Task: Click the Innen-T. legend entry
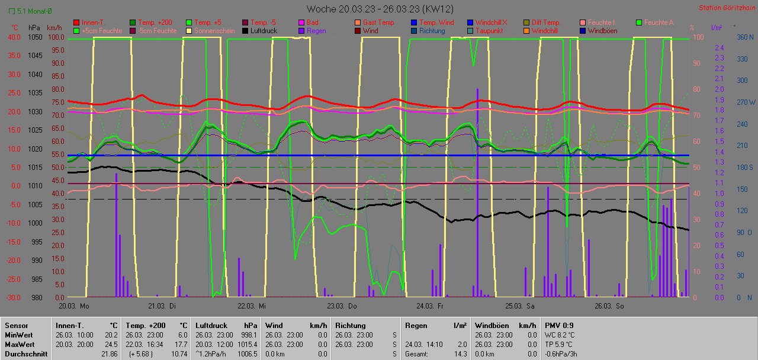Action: tap(94, 22)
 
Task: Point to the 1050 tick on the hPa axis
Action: tap(35, 37)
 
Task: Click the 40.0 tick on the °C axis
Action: tap(14, 37)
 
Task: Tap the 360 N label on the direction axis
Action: tap(744, 37)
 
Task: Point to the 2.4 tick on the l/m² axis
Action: tap(720, 47)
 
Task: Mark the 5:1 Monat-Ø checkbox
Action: tap(12, 11)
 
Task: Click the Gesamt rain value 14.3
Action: tap(460, 354)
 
